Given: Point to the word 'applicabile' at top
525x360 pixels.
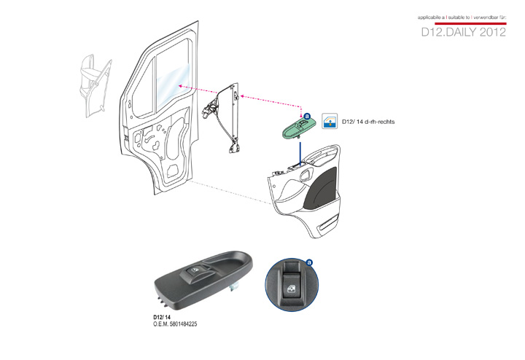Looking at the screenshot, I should pyautogui.click(x=431, y=16).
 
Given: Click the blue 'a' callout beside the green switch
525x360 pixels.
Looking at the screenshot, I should pyautogui.click(x=307, y=116).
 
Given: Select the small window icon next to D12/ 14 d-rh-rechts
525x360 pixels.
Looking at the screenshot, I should pyautogui.click(x=330, y=122).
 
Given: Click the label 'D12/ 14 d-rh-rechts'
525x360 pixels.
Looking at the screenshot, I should pyautogui.click(x=367, y=122).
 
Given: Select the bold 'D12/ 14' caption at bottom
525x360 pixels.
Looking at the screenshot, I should pyautogui.click(x=162, y=318).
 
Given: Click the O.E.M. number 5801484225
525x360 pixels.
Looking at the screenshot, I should pyautogui.click(x=175, y=324).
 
